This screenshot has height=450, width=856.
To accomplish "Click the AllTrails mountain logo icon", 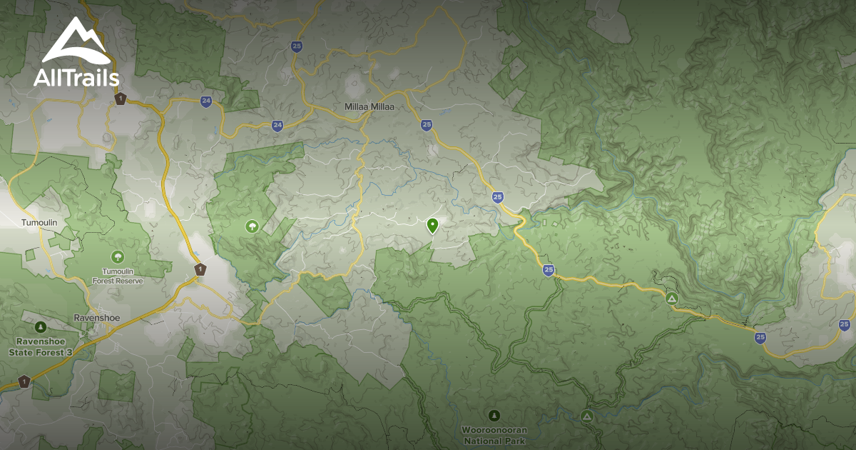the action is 76,41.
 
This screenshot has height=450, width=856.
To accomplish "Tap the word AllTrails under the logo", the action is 76,77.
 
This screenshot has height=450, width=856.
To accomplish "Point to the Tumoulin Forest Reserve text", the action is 117,276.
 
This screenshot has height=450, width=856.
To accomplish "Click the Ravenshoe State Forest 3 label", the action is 41,347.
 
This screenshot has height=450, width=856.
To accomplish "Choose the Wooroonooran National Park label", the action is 494,435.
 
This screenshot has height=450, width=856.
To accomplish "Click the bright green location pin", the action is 432,226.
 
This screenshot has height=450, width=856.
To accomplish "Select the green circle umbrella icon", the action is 252,226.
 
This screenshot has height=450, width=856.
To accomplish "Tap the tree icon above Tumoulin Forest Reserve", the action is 117,256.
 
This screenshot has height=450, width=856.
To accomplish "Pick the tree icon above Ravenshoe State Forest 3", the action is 41,327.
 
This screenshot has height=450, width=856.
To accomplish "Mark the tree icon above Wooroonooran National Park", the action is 494,415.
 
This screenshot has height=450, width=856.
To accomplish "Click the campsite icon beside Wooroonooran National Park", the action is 586,415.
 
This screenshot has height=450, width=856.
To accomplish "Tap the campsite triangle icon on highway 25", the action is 671,298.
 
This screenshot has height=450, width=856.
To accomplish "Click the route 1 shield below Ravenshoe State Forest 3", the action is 24,381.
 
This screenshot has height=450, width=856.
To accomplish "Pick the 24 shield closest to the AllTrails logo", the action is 206,101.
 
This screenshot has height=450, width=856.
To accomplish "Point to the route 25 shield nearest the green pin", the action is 497,196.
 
